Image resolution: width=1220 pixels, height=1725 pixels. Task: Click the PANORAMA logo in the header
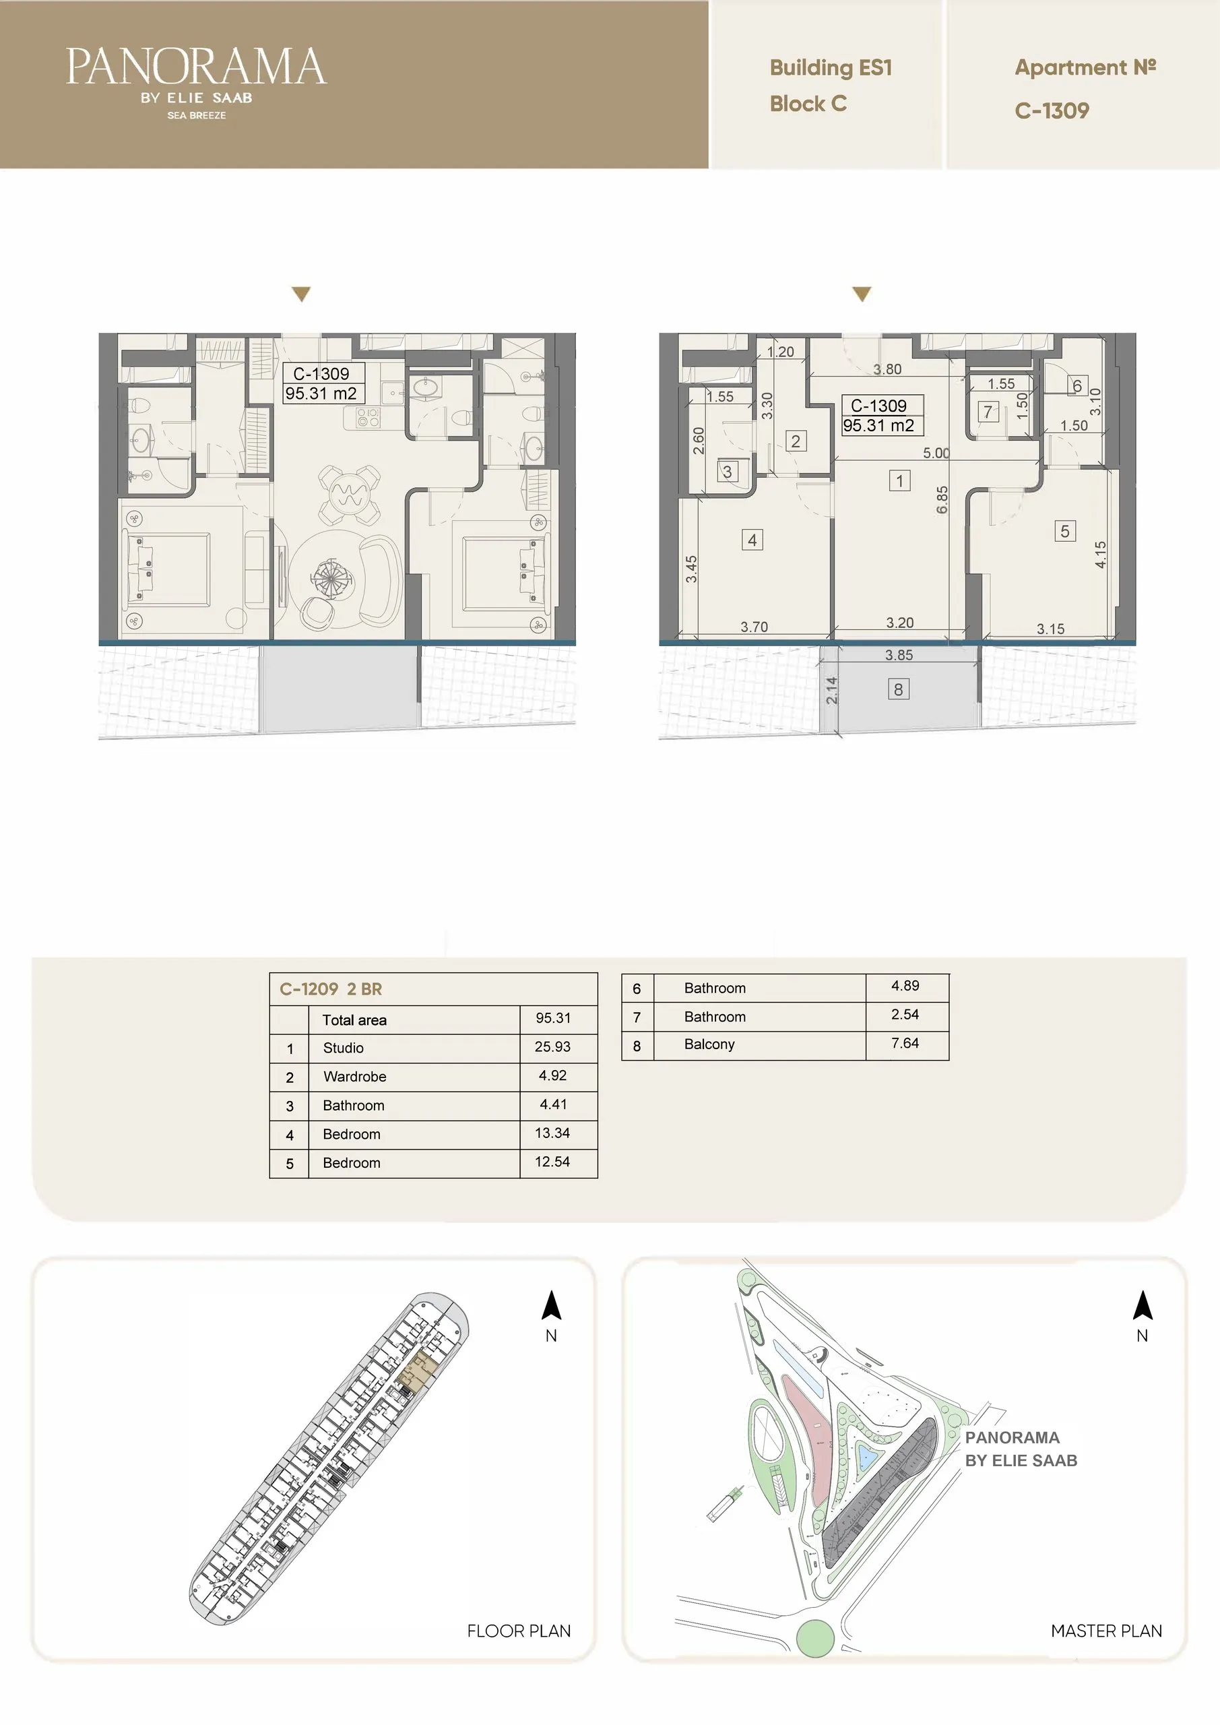196,83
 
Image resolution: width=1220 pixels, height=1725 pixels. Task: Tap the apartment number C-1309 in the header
1052,111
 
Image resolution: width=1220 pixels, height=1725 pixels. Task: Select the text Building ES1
831,67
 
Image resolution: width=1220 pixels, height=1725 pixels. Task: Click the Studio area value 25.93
552,1046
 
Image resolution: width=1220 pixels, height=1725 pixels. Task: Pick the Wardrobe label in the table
354,1077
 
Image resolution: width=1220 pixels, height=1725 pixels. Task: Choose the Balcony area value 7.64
905,1043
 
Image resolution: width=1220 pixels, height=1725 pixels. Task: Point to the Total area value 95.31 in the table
553,1018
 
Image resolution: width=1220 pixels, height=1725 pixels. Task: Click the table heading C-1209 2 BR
331,989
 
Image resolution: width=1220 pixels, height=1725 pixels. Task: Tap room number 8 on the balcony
899,689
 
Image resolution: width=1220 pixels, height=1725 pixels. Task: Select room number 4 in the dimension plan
752,540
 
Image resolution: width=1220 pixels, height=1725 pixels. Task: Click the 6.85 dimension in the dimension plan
942,499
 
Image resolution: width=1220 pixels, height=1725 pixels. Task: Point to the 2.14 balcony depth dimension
831,691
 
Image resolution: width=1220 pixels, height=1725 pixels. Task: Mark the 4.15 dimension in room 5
1101,555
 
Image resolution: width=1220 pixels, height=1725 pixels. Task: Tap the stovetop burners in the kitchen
367,418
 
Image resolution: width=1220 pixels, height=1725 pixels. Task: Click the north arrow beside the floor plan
552,1305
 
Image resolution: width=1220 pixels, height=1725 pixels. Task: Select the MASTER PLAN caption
1105,1631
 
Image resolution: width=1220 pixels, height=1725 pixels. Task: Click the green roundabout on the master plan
815,1638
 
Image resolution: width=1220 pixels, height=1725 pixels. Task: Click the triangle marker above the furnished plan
301,294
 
